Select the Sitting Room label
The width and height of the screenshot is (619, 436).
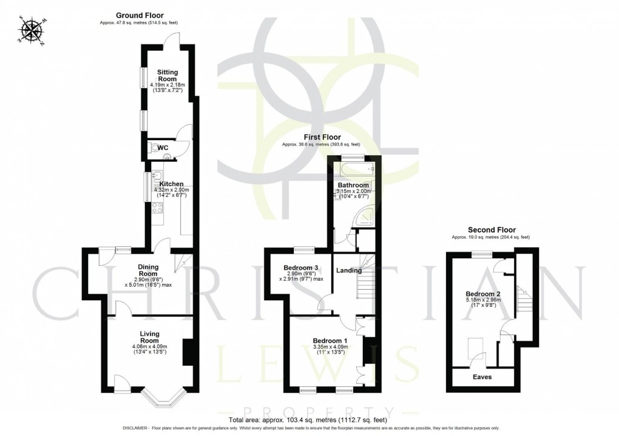[x=167, y=75]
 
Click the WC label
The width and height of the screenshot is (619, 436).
[x=163, y=147]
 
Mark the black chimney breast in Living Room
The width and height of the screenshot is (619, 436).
[x=188, y=351]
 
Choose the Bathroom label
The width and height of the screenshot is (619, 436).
[x=353, y=185]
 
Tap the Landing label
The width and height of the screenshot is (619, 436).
[x=349, y=270]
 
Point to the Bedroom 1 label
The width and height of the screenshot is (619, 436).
[x=330, y=340]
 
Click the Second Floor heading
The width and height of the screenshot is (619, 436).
[x=492, y=230]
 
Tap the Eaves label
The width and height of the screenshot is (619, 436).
[x=483, y=377]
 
